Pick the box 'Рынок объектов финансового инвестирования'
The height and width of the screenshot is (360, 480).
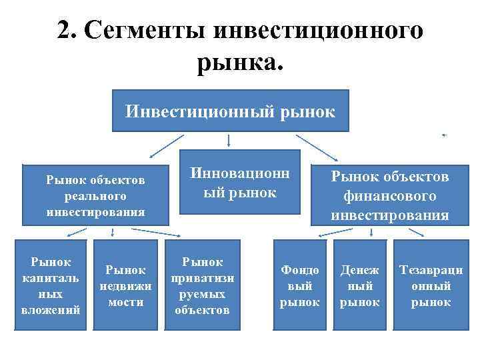click(390, 195)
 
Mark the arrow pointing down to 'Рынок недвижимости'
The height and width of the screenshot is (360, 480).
click(113, 233)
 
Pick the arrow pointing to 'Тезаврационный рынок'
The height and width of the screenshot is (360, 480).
click(417, 233)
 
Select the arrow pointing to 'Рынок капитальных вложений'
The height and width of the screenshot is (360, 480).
click(75, 233)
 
